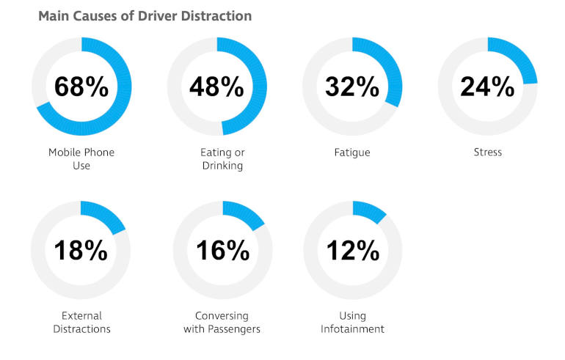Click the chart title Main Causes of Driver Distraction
pyautogui.click(x=145, y=15)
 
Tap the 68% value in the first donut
pyautogui.click(x=81, y=87)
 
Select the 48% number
pyautogui.click(x=216, y=87)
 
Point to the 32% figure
pyautogui.click(x=352, y=87)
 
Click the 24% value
pyautogui.click(x=487, y=87)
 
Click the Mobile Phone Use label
pyautogui.click(x=81, y=159)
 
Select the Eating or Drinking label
pyautogui.click(x=222, y=159)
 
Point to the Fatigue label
pyautogui.click(x=352, y=153)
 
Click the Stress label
pyautogui.click(x=487, y=153)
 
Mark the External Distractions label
pyautogui.click(x=81, y=323)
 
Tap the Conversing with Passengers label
pyautogui.click(x=222, y=323)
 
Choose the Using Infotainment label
pyautogui.click(x=352, y=323)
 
